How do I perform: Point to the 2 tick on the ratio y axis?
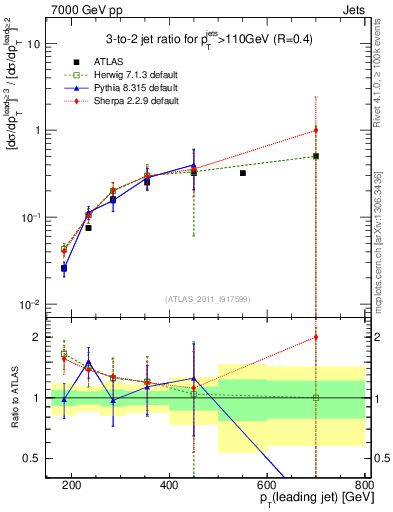pyautogui.click(x=44, y=337)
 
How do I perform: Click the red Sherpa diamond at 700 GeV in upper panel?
pyautogui.click(x=315, y=130)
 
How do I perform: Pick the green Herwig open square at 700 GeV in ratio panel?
pyautogui.click(x=315, y=398)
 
